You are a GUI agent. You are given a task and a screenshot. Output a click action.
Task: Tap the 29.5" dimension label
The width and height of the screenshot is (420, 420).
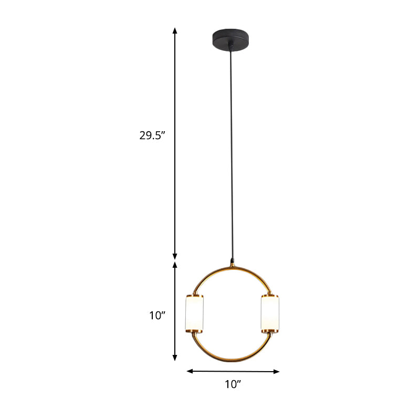coord(152,135)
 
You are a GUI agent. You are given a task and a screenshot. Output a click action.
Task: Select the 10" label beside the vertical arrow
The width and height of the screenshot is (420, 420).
coord(157,316)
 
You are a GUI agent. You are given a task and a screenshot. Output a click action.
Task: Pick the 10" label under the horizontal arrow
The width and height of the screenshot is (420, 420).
coord(233,385)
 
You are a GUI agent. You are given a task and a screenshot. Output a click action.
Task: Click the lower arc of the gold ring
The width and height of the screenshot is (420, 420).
coord(233,361)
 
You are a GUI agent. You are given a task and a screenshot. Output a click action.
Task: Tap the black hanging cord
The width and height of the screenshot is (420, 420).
coord(230,157)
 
